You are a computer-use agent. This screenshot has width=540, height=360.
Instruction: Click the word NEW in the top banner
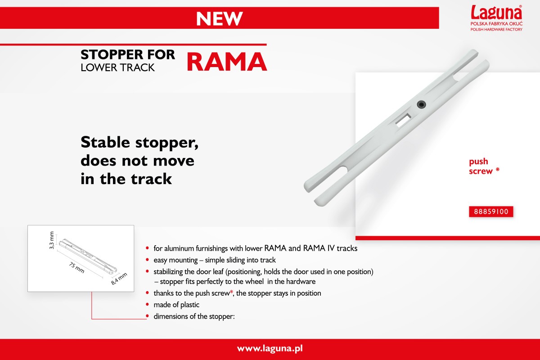click(220, 18)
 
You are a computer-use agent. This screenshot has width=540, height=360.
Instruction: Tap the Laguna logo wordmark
click(496, 12)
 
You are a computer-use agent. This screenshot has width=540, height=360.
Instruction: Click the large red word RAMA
click(227, 62)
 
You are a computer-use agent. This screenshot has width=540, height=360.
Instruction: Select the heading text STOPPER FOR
click(128, 54)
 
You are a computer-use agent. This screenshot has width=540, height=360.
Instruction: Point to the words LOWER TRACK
click(117, 67)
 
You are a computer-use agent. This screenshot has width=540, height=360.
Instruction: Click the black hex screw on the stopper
click(421, 104)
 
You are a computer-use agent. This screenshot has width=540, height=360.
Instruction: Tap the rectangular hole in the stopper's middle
click(403, 120)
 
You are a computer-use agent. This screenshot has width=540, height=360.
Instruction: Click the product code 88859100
click(491, 211)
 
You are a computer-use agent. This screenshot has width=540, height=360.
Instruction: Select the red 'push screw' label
click(484, 166)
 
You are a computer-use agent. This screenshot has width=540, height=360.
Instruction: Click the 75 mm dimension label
click(76, 267)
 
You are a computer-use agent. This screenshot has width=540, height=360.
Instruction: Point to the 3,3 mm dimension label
click(52, 240)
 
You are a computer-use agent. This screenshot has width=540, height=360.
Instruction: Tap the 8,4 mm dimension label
click(119, 279)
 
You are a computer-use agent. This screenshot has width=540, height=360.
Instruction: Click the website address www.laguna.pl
click(270, 348)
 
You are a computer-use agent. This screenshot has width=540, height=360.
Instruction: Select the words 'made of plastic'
click(176, 305)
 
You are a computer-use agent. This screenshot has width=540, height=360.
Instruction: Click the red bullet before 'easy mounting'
click(147, 260)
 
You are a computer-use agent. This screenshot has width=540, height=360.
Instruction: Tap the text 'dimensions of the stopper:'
click(194, 316)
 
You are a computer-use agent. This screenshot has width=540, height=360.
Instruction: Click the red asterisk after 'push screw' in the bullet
click(231, 292)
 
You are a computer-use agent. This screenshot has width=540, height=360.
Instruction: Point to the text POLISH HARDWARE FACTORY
click(496, 29)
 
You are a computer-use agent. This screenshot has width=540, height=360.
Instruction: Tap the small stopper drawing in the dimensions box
click(88, 256)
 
